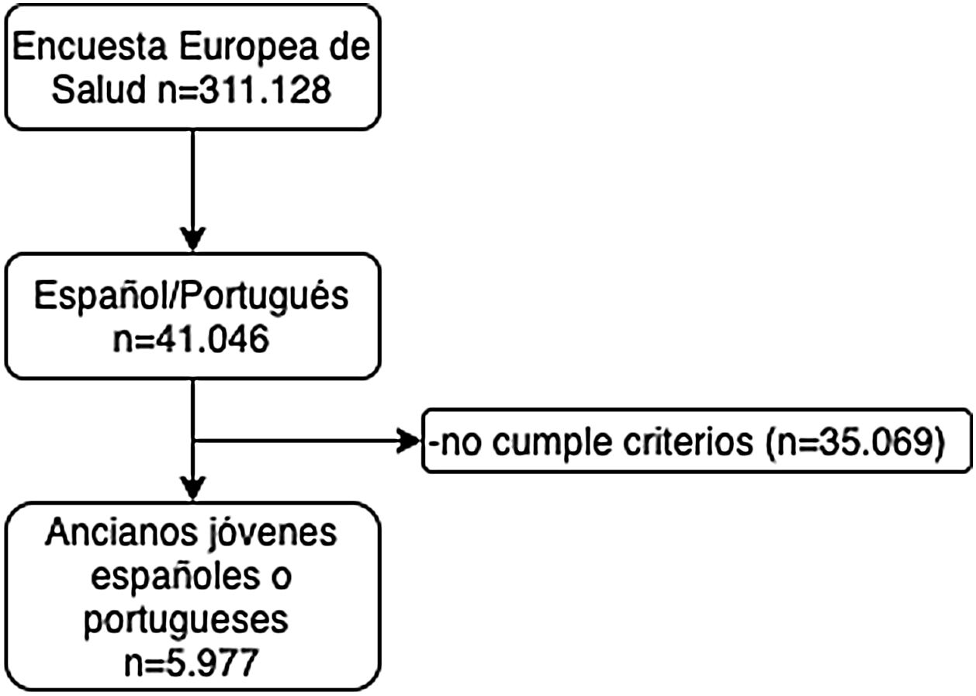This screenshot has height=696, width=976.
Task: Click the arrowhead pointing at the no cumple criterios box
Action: tap(408, 443)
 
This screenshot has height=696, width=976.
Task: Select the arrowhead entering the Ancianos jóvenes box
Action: tap(192, 489)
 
